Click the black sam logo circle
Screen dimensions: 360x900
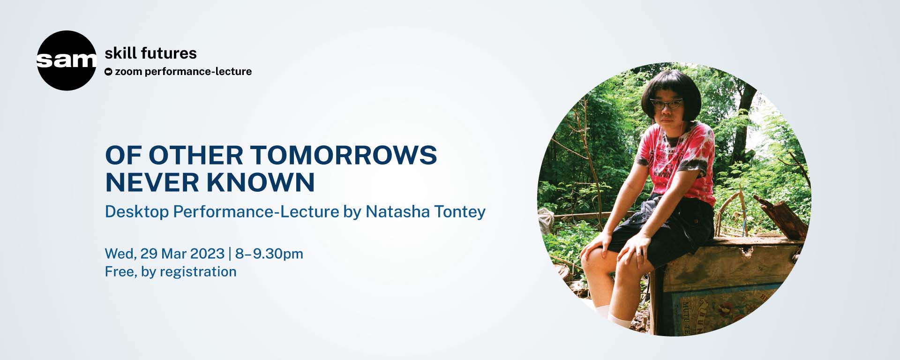(x=66, y=60)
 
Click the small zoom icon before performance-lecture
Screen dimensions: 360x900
(x=108, y=72)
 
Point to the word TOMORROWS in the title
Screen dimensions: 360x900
(x=343, y=155)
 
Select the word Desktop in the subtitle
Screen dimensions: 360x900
(x=136, y=212)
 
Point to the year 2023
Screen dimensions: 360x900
(x=207, y=254)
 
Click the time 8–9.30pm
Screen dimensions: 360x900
(x=269, y=254)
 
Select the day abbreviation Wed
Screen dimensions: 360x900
(x=120, y=254)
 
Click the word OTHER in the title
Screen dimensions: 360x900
(x=195, y=155)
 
